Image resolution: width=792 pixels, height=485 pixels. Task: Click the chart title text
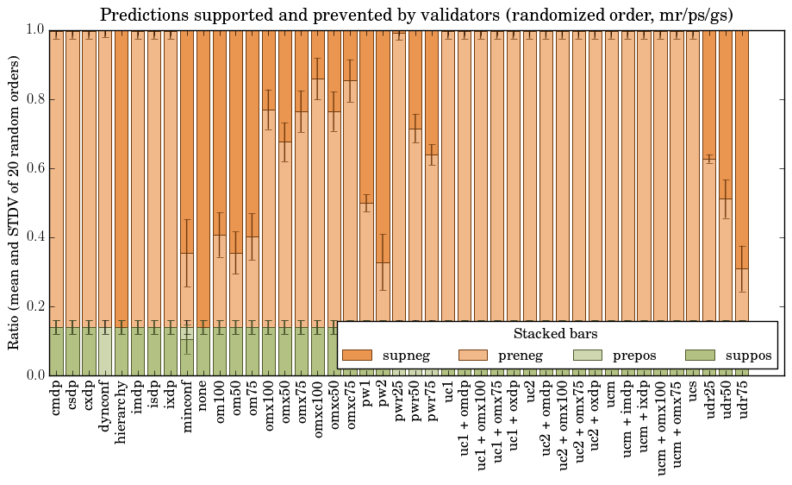pyautogui.click(x=417, y=16)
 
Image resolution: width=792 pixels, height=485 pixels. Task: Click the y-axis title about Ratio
pyautogui.click(x=15, y=202)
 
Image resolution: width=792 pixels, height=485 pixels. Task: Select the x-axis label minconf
pyautogui.click(x=186, y=408)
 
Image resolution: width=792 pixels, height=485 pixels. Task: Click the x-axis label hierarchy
pyautogui.click(x=122, y=413)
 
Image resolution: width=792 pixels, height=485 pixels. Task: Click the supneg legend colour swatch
pyautogui.click(x=357, y=356)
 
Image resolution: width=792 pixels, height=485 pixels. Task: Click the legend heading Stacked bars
pyautogui.click(x=556, y=334)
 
